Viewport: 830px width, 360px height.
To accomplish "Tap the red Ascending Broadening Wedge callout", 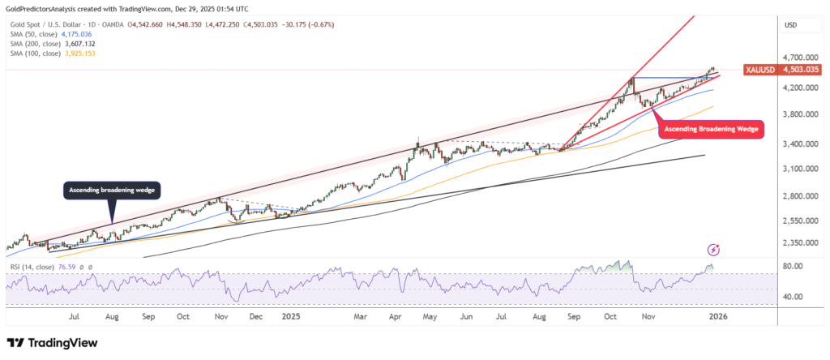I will click(710, 129).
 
